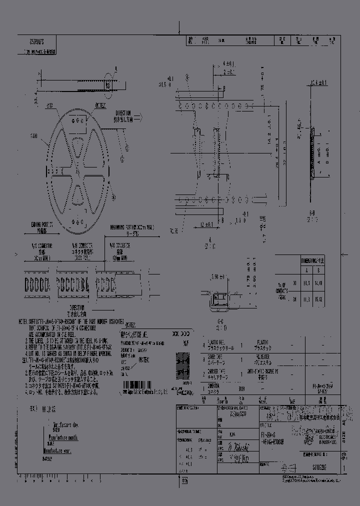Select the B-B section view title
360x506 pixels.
[x=312, y=213]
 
